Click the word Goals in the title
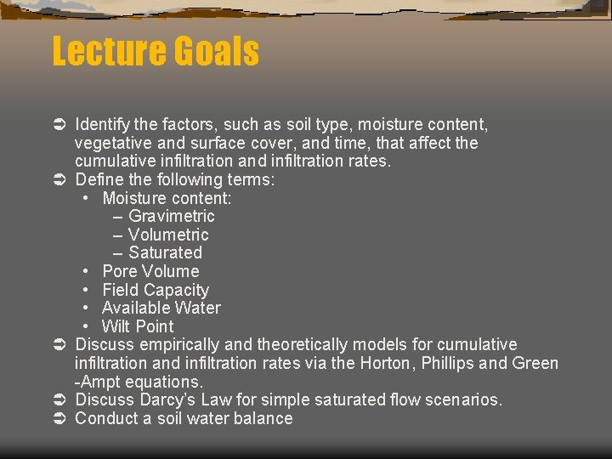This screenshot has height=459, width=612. [x=217, y=52]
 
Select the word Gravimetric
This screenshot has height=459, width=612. [x=172, y=216]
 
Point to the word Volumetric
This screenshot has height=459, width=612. [x=168, y=235]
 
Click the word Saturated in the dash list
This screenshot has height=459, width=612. [x=165, y=252]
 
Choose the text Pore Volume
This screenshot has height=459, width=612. [x=150, y=271]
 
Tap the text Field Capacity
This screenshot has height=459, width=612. [x=156, y=290]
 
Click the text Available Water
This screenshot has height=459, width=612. [x=161, y=308]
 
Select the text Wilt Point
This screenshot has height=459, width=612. [x=138, y=326]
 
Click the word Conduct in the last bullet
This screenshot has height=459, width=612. [x=105, y=418]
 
